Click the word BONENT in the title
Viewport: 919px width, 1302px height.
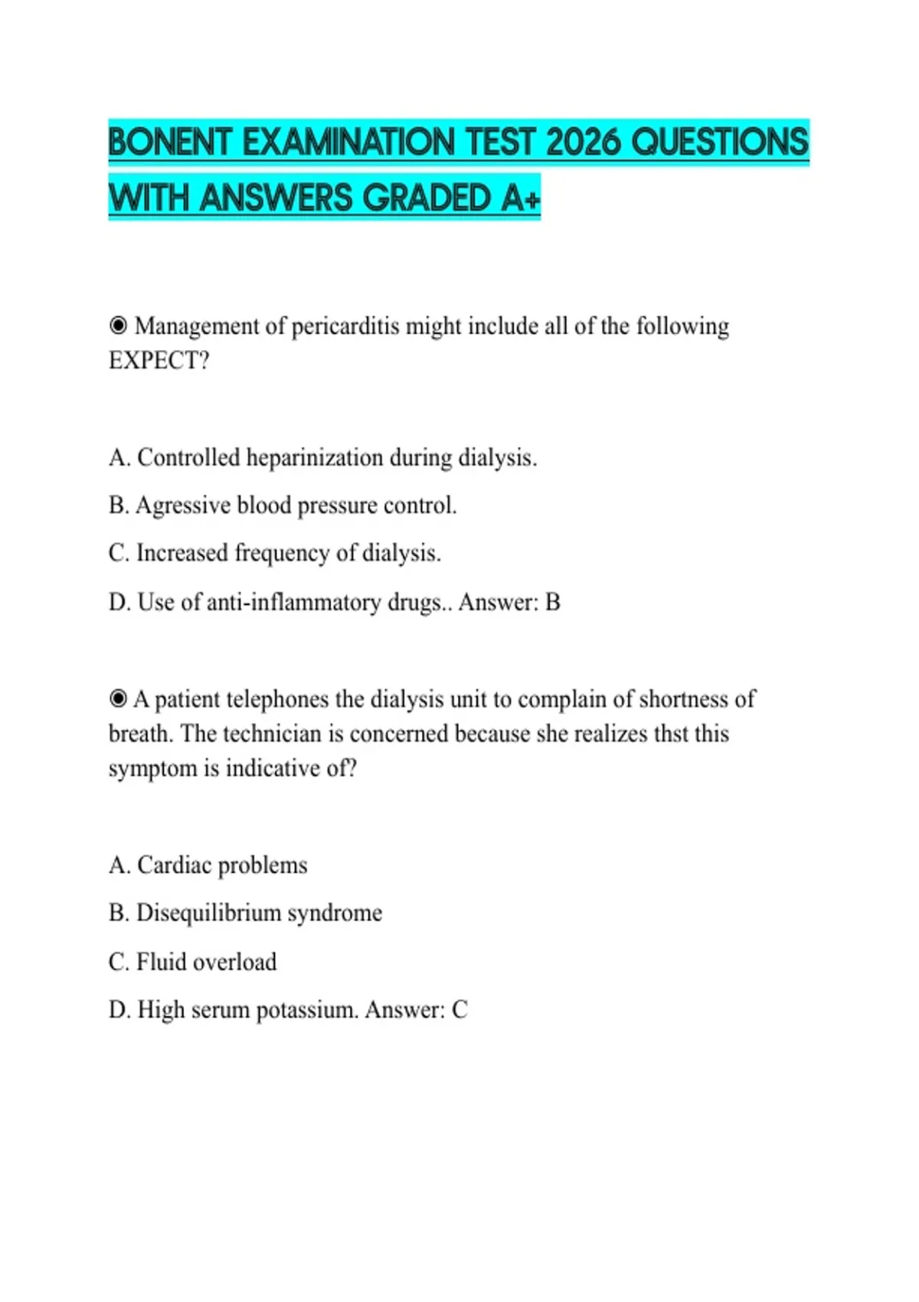click(170, 142)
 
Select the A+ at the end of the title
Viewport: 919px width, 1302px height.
click(522, 198)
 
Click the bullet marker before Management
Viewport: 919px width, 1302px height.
click(118, 326)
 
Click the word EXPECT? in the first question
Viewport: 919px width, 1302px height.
click(159, 361)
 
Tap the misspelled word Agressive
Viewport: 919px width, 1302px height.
click(183, 505)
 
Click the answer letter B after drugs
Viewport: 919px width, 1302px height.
click(552, 602)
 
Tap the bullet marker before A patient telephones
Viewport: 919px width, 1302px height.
click(118, 699)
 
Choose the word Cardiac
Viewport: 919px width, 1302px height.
click(174, 865)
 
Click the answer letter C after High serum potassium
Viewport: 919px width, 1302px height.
click(459, 1010)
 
